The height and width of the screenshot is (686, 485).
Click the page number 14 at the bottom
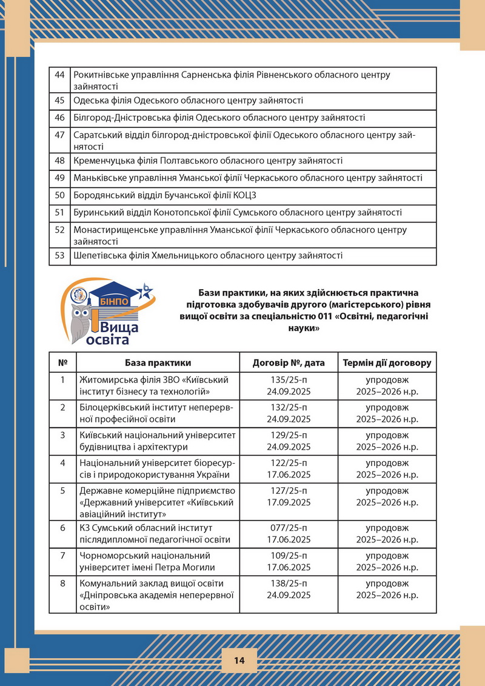(x=239, y=661)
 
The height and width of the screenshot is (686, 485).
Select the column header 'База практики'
(x=158, y=362)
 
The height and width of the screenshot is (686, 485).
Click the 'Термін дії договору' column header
(x=387, y=362)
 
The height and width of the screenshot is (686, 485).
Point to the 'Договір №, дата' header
(x=289, y=362)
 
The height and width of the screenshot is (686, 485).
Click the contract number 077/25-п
(x=289, y=528)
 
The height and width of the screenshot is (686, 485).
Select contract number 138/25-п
(x=289, y=583)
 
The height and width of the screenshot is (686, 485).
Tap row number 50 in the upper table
(x=59, y=195)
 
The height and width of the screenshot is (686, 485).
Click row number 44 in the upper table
(x=59, y=75)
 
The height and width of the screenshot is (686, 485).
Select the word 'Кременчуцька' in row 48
(x=102, y=161)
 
